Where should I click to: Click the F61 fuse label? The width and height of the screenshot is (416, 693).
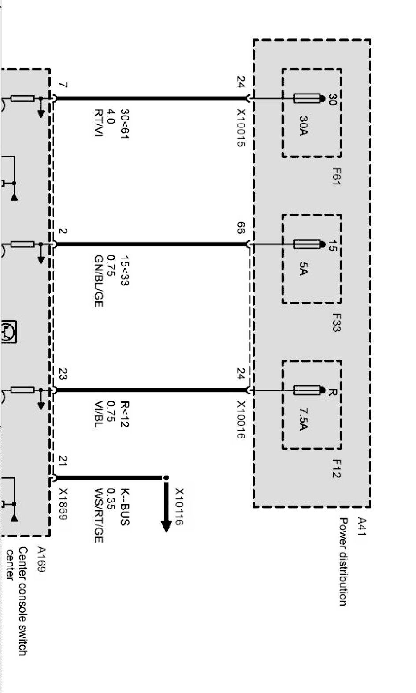(x=337, y=176)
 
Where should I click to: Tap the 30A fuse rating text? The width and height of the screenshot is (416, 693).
(x=303, y=126)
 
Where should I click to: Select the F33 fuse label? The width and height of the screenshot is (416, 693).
(x=337, y=322)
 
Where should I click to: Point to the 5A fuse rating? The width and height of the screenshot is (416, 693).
(x=303, y=269)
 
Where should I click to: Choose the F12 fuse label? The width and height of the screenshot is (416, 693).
(x=337, y=468)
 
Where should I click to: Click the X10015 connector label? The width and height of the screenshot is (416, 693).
(x=241, y=128)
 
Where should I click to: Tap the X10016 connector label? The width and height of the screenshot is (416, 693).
(x=241, y=420)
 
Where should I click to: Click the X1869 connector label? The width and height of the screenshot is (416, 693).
(x=63, y=504)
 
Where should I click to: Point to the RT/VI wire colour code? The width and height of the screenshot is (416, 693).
(x=98, y=123)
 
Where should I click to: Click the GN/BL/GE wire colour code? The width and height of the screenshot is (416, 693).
(x=98, y=281)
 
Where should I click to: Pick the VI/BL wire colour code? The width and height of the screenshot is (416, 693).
(x=98, y=414)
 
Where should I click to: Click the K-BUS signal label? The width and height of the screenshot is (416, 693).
(x=125, y=506)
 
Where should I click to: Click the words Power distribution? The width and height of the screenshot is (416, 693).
(x=343, y=562)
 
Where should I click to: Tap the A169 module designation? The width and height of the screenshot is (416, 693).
(x=41, y=559)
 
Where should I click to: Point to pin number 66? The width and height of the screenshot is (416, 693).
(x=241, y=229)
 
